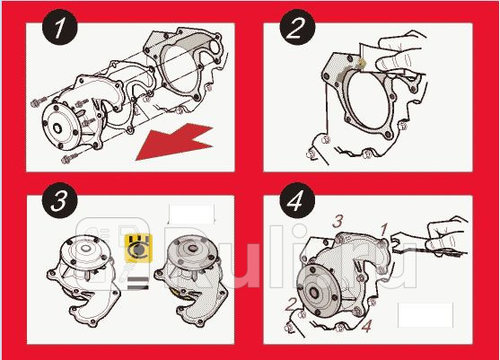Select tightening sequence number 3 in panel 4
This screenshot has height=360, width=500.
point(338,218)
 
